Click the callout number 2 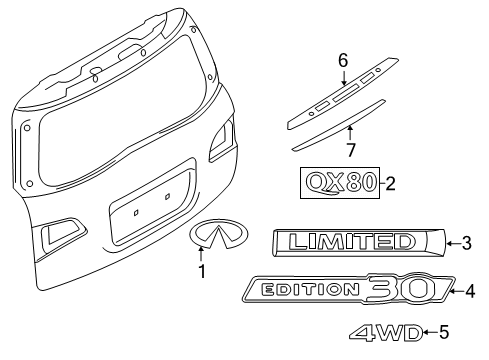click(391, 183)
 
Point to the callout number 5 click(445, 333)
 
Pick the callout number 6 click(342, 60)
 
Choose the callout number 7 click(351, 151)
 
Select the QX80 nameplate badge click(335, 183)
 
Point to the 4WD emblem click(382, 334)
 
